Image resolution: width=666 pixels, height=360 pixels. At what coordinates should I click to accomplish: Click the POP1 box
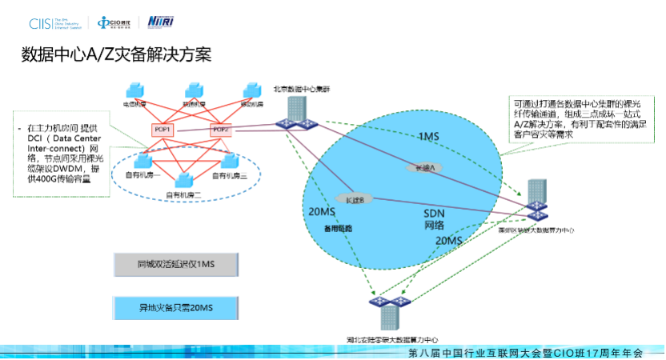(161, 130)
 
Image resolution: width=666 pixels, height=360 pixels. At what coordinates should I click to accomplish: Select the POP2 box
(220, 130)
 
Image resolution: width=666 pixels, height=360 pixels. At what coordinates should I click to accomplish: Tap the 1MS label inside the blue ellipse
(429, 138)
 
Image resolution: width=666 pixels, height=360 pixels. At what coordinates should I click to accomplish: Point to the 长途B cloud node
(352, 198)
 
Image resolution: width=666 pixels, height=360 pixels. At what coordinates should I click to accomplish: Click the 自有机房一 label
(143, 175)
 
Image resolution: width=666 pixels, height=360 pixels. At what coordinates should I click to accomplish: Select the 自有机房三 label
(230, 175)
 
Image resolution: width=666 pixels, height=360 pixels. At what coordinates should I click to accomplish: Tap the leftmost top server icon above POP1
(132, 91)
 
